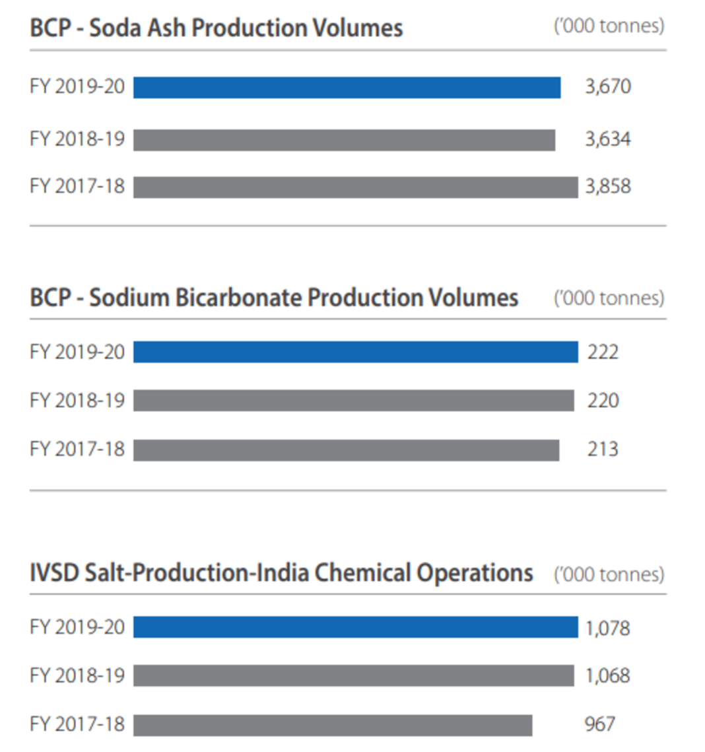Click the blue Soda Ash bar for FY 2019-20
coord(347,87)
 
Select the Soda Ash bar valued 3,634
coord(344,140)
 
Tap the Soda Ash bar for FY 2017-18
coord(355,187)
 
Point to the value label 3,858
coord(608,187)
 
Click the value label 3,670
coord(608,86)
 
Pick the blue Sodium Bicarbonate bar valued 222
coord(355,352)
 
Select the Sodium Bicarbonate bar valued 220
coord(353,400)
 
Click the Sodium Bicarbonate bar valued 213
coord(346,450)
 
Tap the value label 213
coord(603,450)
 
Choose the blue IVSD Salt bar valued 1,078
coord(355,627)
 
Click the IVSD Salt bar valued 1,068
coord(353,675)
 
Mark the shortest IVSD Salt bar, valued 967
coord(333,725)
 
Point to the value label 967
coord(599,724)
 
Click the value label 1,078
coord(607,628)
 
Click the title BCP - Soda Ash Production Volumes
coord(216,28)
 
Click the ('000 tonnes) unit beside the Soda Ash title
coord(609,26)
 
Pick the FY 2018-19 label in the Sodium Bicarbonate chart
coord(77,400)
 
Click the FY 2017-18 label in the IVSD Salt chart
coord(77,724)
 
